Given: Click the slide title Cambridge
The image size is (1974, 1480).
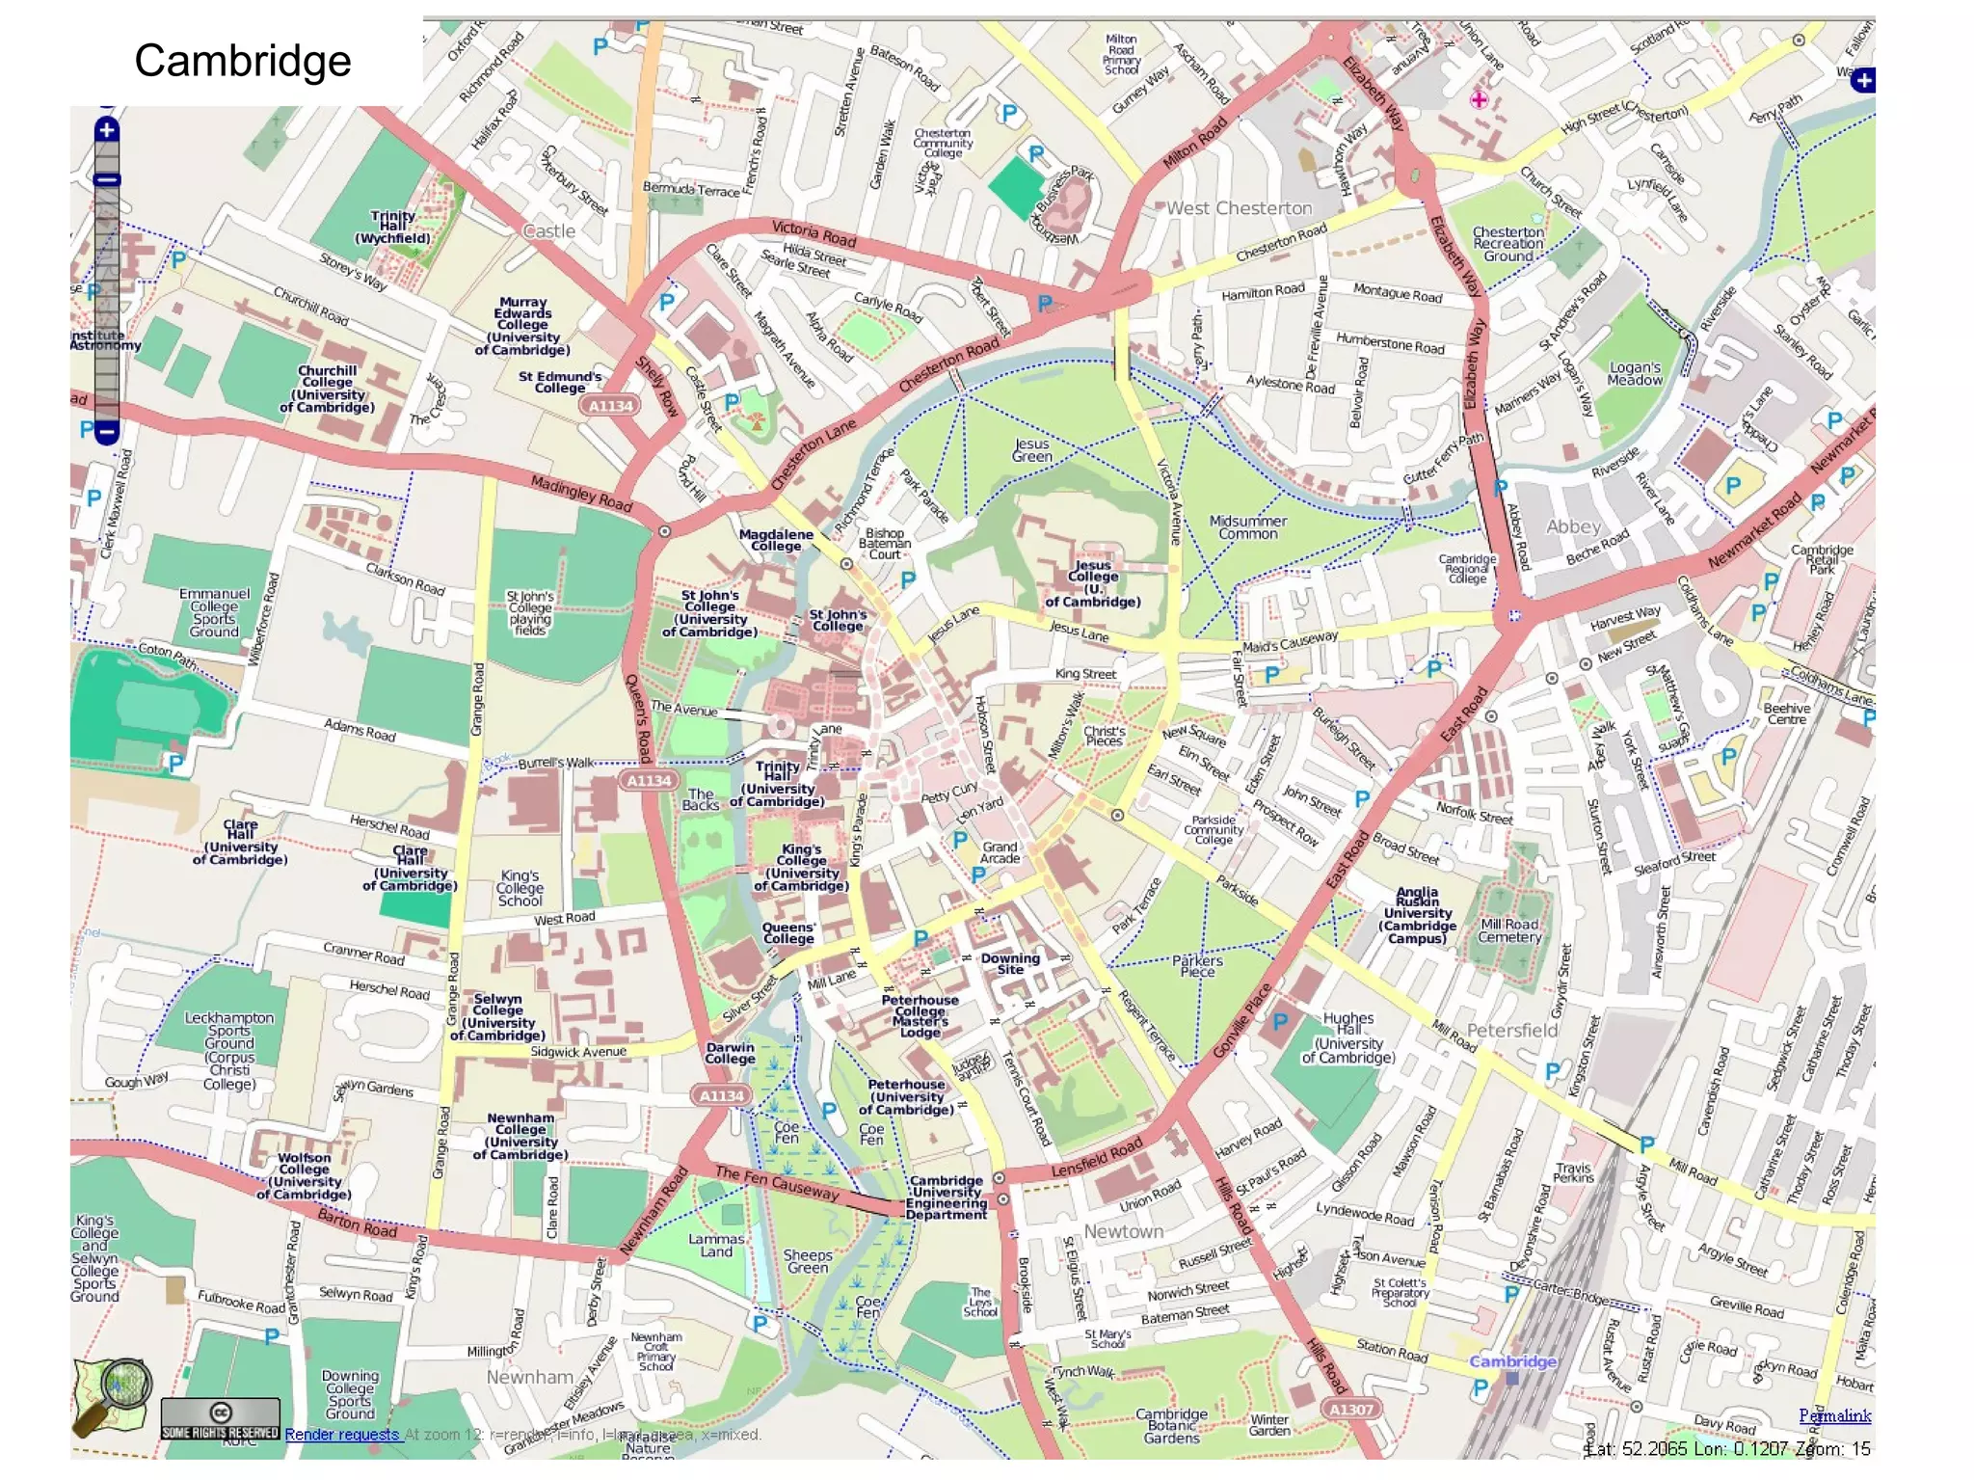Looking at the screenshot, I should pyautogui.click(x=242, y=61).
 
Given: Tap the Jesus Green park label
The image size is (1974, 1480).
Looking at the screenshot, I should pyautogui.click(x=1031, y=450).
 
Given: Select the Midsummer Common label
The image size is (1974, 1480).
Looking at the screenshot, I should pyautogui.click(x=1247, y=527).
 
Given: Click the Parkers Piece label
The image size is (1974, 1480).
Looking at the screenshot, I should pyautogui.click(x=1197, y=966).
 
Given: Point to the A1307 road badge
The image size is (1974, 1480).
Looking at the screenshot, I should pyautogui.click(x=1350, y=1410).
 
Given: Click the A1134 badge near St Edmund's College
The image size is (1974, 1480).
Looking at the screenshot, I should pyautogui.click(x=611, y=406).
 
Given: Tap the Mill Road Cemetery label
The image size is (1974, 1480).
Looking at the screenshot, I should pyautogui.click(x=1509, y=930).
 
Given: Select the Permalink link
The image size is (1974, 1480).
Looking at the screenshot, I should pyautogui.click(x=1834, y=1415).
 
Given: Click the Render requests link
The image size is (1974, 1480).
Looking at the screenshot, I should pyautogui.click(x=342, y=1435).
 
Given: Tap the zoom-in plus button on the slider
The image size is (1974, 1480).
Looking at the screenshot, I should pyautogui.click(x=107, y=130).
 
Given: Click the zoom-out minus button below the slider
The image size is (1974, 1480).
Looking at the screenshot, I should pyautogui.click(x=107, y=431).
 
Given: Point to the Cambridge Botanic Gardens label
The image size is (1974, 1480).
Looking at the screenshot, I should pyautogui.click(x=1171, y=1426).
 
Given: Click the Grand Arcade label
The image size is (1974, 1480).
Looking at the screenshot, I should pyautogui.click(x=1000, y=852).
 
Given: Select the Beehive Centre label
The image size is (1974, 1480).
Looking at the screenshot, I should pyautogui.click(x=1786, y=713).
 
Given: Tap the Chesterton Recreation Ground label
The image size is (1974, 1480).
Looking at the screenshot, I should pyautogui.click(x=1507, y=244).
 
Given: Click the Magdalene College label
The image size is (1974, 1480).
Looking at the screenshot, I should pyautogui.click(x=776, y=540).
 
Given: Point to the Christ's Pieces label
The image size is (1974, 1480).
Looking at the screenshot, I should pyautogui.click(x=1104, y=736).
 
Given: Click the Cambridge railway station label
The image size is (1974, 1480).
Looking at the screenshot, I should pyautogui.click(x=1512, y=1361).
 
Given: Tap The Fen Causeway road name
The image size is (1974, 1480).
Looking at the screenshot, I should pyautogui.click(x=777, y=1182).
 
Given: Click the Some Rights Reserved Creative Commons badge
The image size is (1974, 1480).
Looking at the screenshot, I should pyautogui.click(x=220, y=1420).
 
